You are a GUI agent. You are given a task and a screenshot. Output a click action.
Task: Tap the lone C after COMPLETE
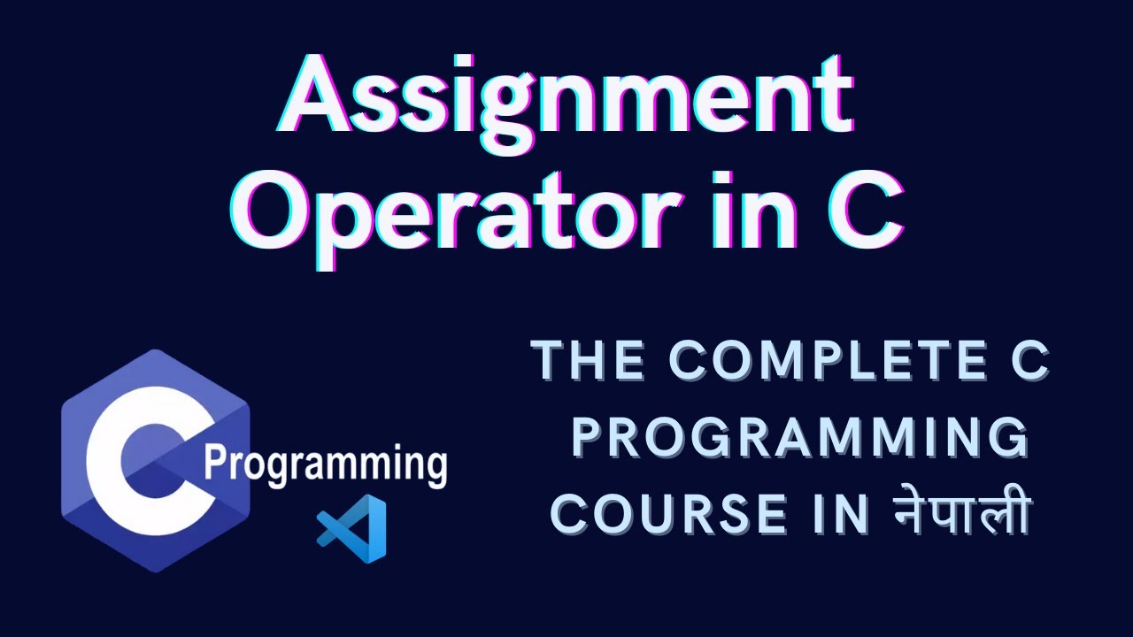[x=1028, y=362]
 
